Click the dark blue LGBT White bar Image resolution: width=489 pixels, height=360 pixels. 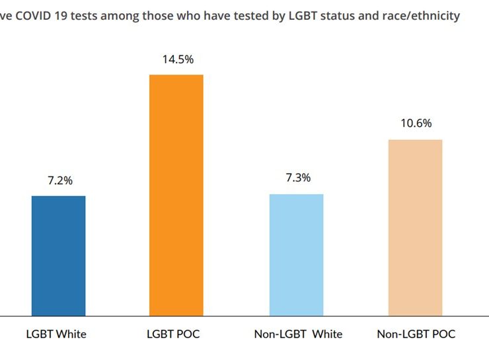[58, 256]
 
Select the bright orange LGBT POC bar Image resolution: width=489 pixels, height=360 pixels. [176, 195]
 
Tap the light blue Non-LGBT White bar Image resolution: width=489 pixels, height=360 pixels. [296, 255]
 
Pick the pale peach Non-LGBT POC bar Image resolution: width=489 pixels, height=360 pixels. [415, 227]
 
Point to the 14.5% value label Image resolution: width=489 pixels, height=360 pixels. [178, 59]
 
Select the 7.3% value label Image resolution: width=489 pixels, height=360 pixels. [297, 178]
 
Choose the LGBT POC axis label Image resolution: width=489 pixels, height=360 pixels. [173, 334]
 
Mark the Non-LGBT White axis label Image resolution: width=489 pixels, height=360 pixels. [298, 334]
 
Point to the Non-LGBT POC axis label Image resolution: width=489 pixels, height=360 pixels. [416, 334]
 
